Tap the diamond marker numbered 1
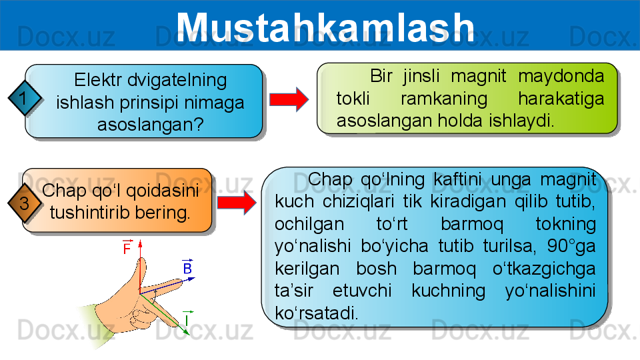click(25, 98)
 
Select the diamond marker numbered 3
click(25, 203)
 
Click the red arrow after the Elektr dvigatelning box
click(289, 99)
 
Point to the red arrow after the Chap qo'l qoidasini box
click(237, 202)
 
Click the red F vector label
click(127, 247)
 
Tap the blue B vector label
click(187, 267)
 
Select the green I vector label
click(187, 319)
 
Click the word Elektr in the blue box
click(98, 80)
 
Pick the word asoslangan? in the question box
click(151, 125)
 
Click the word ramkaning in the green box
click(444, 99)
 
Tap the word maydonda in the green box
click(561, 76)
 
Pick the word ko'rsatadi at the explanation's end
click(316, 313)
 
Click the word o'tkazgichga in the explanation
click(544, 269)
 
